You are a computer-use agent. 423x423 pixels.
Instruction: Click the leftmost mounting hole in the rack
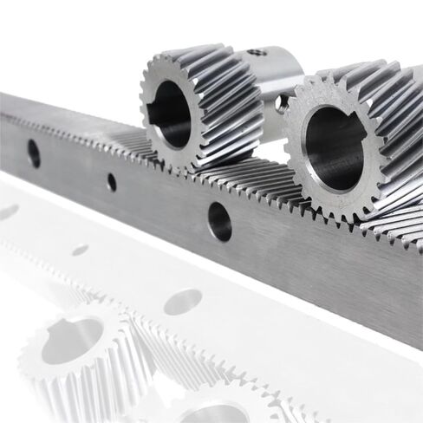[x=34, y=153]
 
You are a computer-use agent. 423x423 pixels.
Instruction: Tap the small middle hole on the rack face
[x=111, y=182]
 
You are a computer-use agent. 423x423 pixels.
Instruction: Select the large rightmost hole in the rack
[x=219, y=221]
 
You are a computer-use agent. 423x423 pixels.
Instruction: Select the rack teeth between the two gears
[x=251, y=186]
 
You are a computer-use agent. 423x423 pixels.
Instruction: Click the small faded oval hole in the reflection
[x=80, y=250]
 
